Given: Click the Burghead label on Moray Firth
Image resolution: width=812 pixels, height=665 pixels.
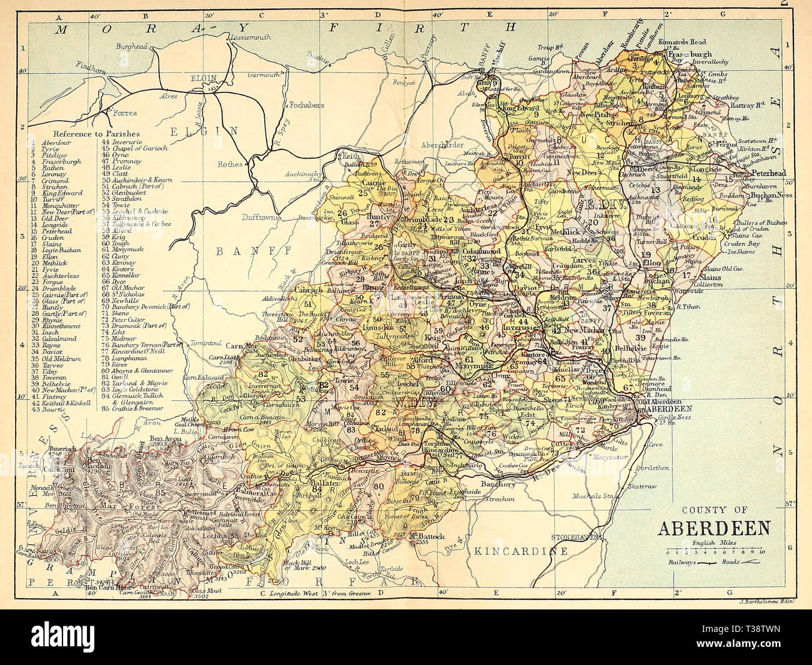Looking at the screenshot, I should (133, 46).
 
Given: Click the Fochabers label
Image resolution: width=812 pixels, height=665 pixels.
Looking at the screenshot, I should (307, 102).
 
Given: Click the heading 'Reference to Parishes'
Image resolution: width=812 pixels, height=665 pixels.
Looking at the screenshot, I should (96, 134).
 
